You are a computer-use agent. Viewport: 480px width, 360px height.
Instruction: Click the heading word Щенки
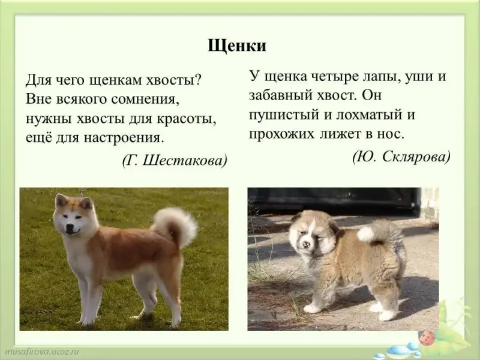pyautogui.click(x=237, y=46)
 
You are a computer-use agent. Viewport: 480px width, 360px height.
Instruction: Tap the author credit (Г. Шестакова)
pyautogui.click(x=175, y=160)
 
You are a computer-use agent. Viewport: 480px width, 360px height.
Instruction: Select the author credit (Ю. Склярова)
pyautogui.click(x=401, y=157)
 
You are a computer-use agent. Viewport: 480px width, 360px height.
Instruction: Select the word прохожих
pyautogui.click(x=281, y=134)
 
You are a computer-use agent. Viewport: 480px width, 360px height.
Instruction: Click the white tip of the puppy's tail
pyautogui.click(x=365, y=234)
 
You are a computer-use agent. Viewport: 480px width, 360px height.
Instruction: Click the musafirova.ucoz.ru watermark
pyautogui.click(x=40, y=351)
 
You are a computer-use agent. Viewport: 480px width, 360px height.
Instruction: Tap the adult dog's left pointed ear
pyautogui.click(x=61, y=200)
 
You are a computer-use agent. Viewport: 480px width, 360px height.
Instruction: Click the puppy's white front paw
pyautogui.click(x=311, y=308)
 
